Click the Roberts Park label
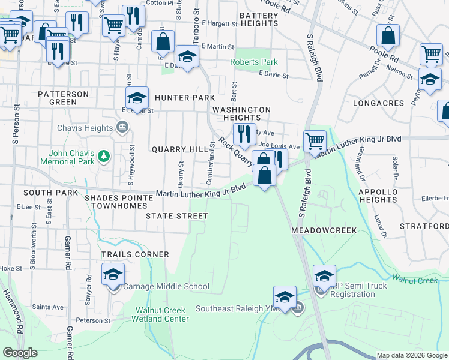point(255,62)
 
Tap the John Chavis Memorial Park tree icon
point(104,157)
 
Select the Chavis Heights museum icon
point(122,127)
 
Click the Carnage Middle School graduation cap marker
point(113,275)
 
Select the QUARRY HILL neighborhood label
point(175,149)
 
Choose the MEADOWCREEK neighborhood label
point(324,230)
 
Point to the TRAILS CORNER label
point(135,254)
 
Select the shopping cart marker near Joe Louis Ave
point(315,142)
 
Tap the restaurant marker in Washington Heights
point(244,135)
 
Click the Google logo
point(20,353)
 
